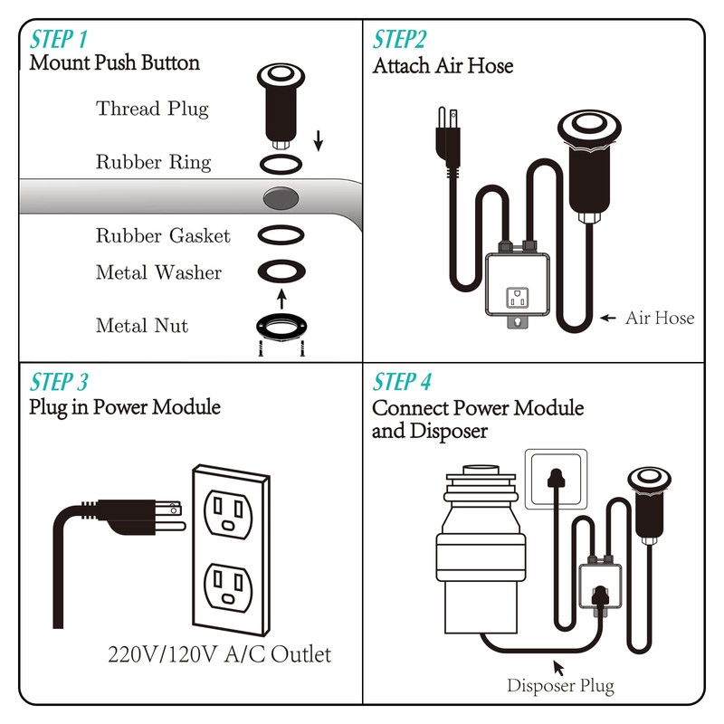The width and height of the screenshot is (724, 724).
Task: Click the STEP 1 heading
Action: tap(60, 40)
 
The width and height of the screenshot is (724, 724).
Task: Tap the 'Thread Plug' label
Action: tap(152, 110)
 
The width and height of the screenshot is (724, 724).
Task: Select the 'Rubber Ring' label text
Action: tap(153, 163)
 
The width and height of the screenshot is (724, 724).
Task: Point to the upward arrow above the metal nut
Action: tap(281, 296)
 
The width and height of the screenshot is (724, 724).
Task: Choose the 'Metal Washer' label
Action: tap(158, 272)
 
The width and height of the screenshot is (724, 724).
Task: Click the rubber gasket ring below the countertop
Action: tap(281, 235)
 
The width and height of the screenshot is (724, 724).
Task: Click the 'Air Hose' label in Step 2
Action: tap(660, 318)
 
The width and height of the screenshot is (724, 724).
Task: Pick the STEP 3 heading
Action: tap(60, 380)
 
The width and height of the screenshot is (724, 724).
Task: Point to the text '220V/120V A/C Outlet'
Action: tap(220, 653)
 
